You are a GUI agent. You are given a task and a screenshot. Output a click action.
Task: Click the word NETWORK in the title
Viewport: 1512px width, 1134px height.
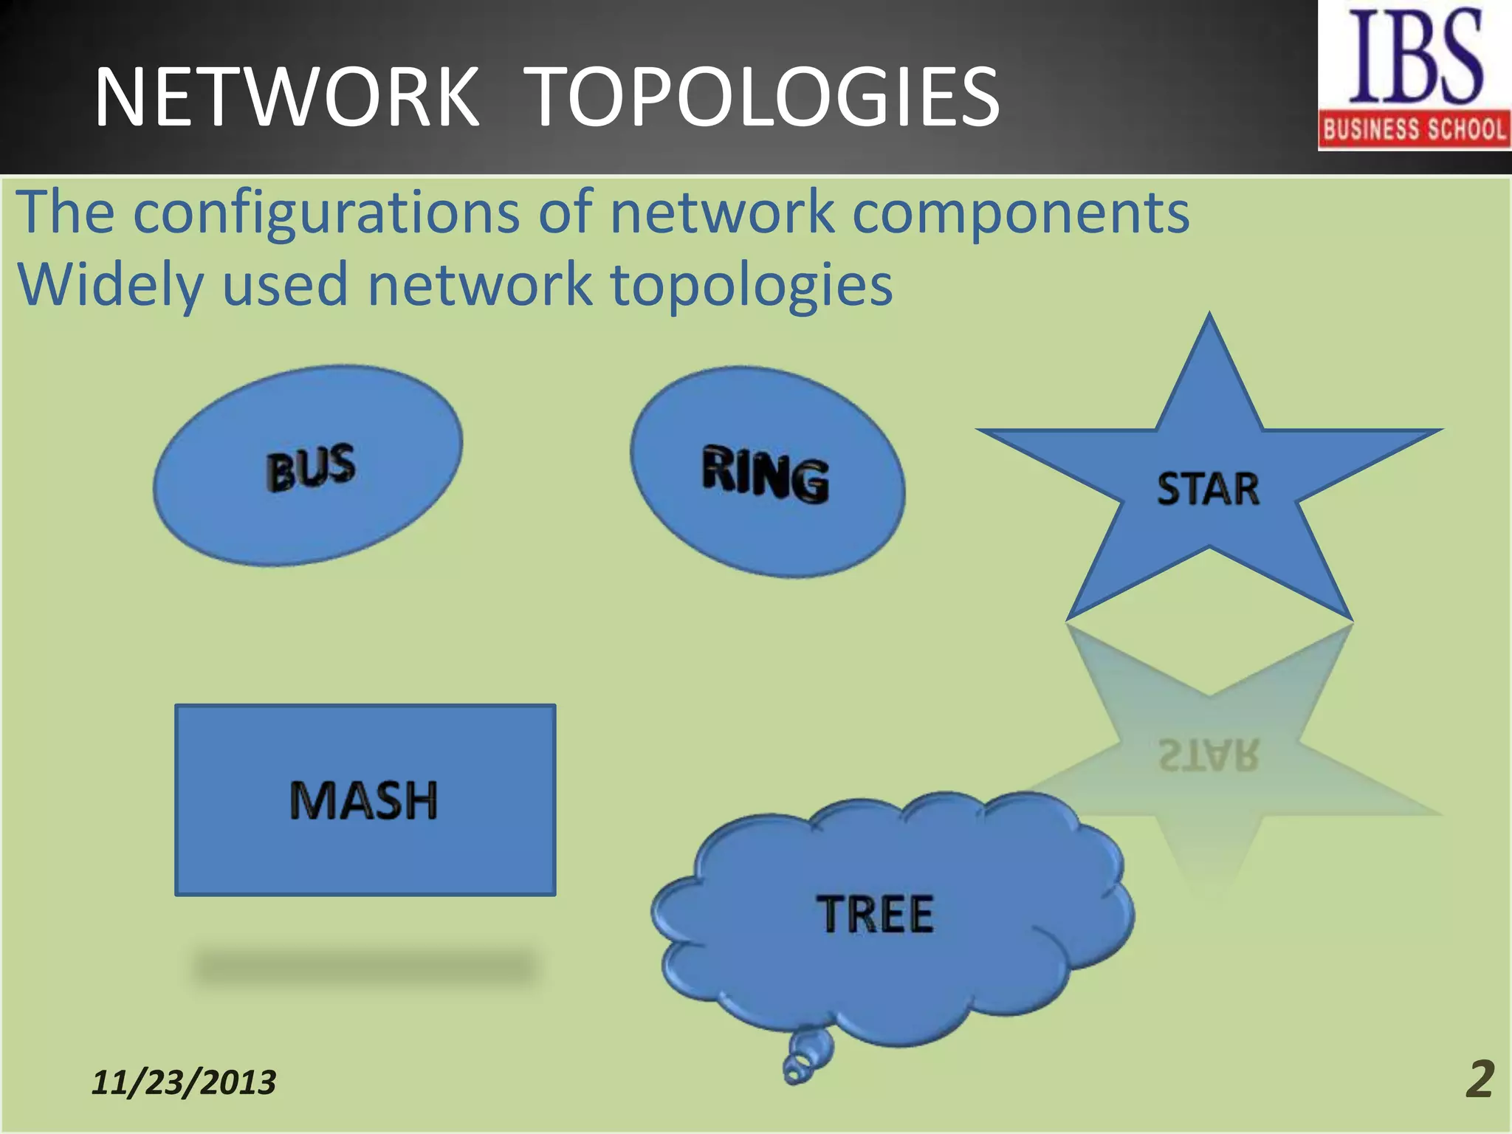pos(286,97)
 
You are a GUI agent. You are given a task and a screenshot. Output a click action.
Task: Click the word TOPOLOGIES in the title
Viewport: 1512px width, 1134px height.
pos(765,97)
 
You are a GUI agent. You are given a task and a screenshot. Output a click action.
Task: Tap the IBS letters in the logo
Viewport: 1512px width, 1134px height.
pos(1415,58)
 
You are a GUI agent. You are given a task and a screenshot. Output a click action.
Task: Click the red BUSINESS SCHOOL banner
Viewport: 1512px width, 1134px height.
pos(1415,130)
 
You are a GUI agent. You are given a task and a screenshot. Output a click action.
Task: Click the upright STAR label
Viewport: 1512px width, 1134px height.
pos(1208,489)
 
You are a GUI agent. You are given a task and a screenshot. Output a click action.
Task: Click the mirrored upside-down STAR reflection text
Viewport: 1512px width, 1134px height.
pos(1208,755)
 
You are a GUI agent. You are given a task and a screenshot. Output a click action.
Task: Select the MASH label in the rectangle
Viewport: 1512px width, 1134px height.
pos(364,800)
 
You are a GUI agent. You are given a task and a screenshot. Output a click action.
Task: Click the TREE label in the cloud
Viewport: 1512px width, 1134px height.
pos(875,914)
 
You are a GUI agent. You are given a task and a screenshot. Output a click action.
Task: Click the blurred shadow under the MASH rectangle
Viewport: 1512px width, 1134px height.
pos(364,967)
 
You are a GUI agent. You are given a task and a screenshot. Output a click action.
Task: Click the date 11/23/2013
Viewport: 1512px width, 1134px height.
pos(184,1082)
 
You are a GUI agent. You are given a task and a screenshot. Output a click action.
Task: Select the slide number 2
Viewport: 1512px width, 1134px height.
pos(1479,1080)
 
